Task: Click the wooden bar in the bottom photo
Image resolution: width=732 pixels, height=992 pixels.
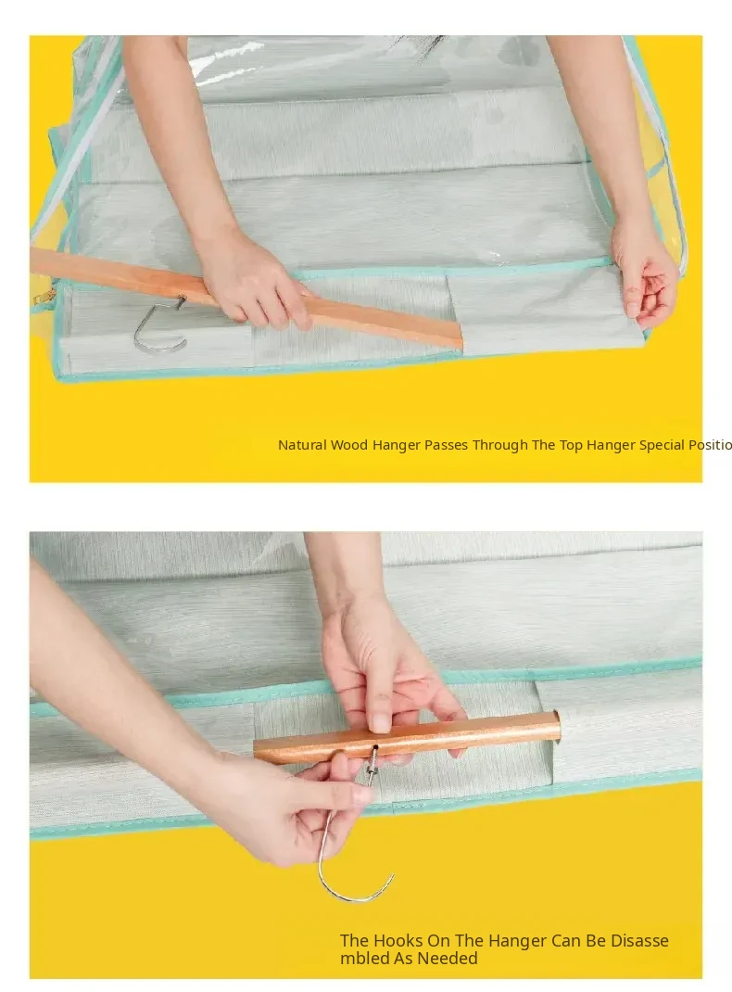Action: coord(408,738)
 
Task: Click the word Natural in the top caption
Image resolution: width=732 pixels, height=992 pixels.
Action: coord(302,445)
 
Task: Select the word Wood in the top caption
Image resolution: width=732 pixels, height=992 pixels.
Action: coord(349,445)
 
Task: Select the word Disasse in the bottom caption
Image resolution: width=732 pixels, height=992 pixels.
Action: coord(639,941)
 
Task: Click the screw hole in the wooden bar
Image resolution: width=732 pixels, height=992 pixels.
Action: coord(375,747)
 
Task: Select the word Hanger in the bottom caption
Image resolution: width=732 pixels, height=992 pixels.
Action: coord(515,941)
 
